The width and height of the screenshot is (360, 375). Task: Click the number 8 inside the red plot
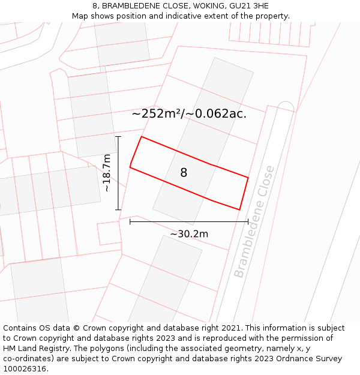click(184, 173)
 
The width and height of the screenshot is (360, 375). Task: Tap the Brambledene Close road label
click(254, 221)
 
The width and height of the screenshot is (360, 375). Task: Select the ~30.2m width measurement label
click(189, 234)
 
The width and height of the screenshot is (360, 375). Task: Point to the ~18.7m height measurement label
click(107, 173)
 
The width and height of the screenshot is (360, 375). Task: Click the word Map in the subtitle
click(81, 16)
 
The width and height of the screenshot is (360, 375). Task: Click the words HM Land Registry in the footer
click(32, 349)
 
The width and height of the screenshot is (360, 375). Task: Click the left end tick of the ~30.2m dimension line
click(130, 221)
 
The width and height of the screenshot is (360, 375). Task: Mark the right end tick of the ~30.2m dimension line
click(248, 221)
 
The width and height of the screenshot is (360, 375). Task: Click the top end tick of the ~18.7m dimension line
click(118, 137)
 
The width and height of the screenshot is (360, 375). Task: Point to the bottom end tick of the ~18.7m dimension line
click(118, 210)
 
